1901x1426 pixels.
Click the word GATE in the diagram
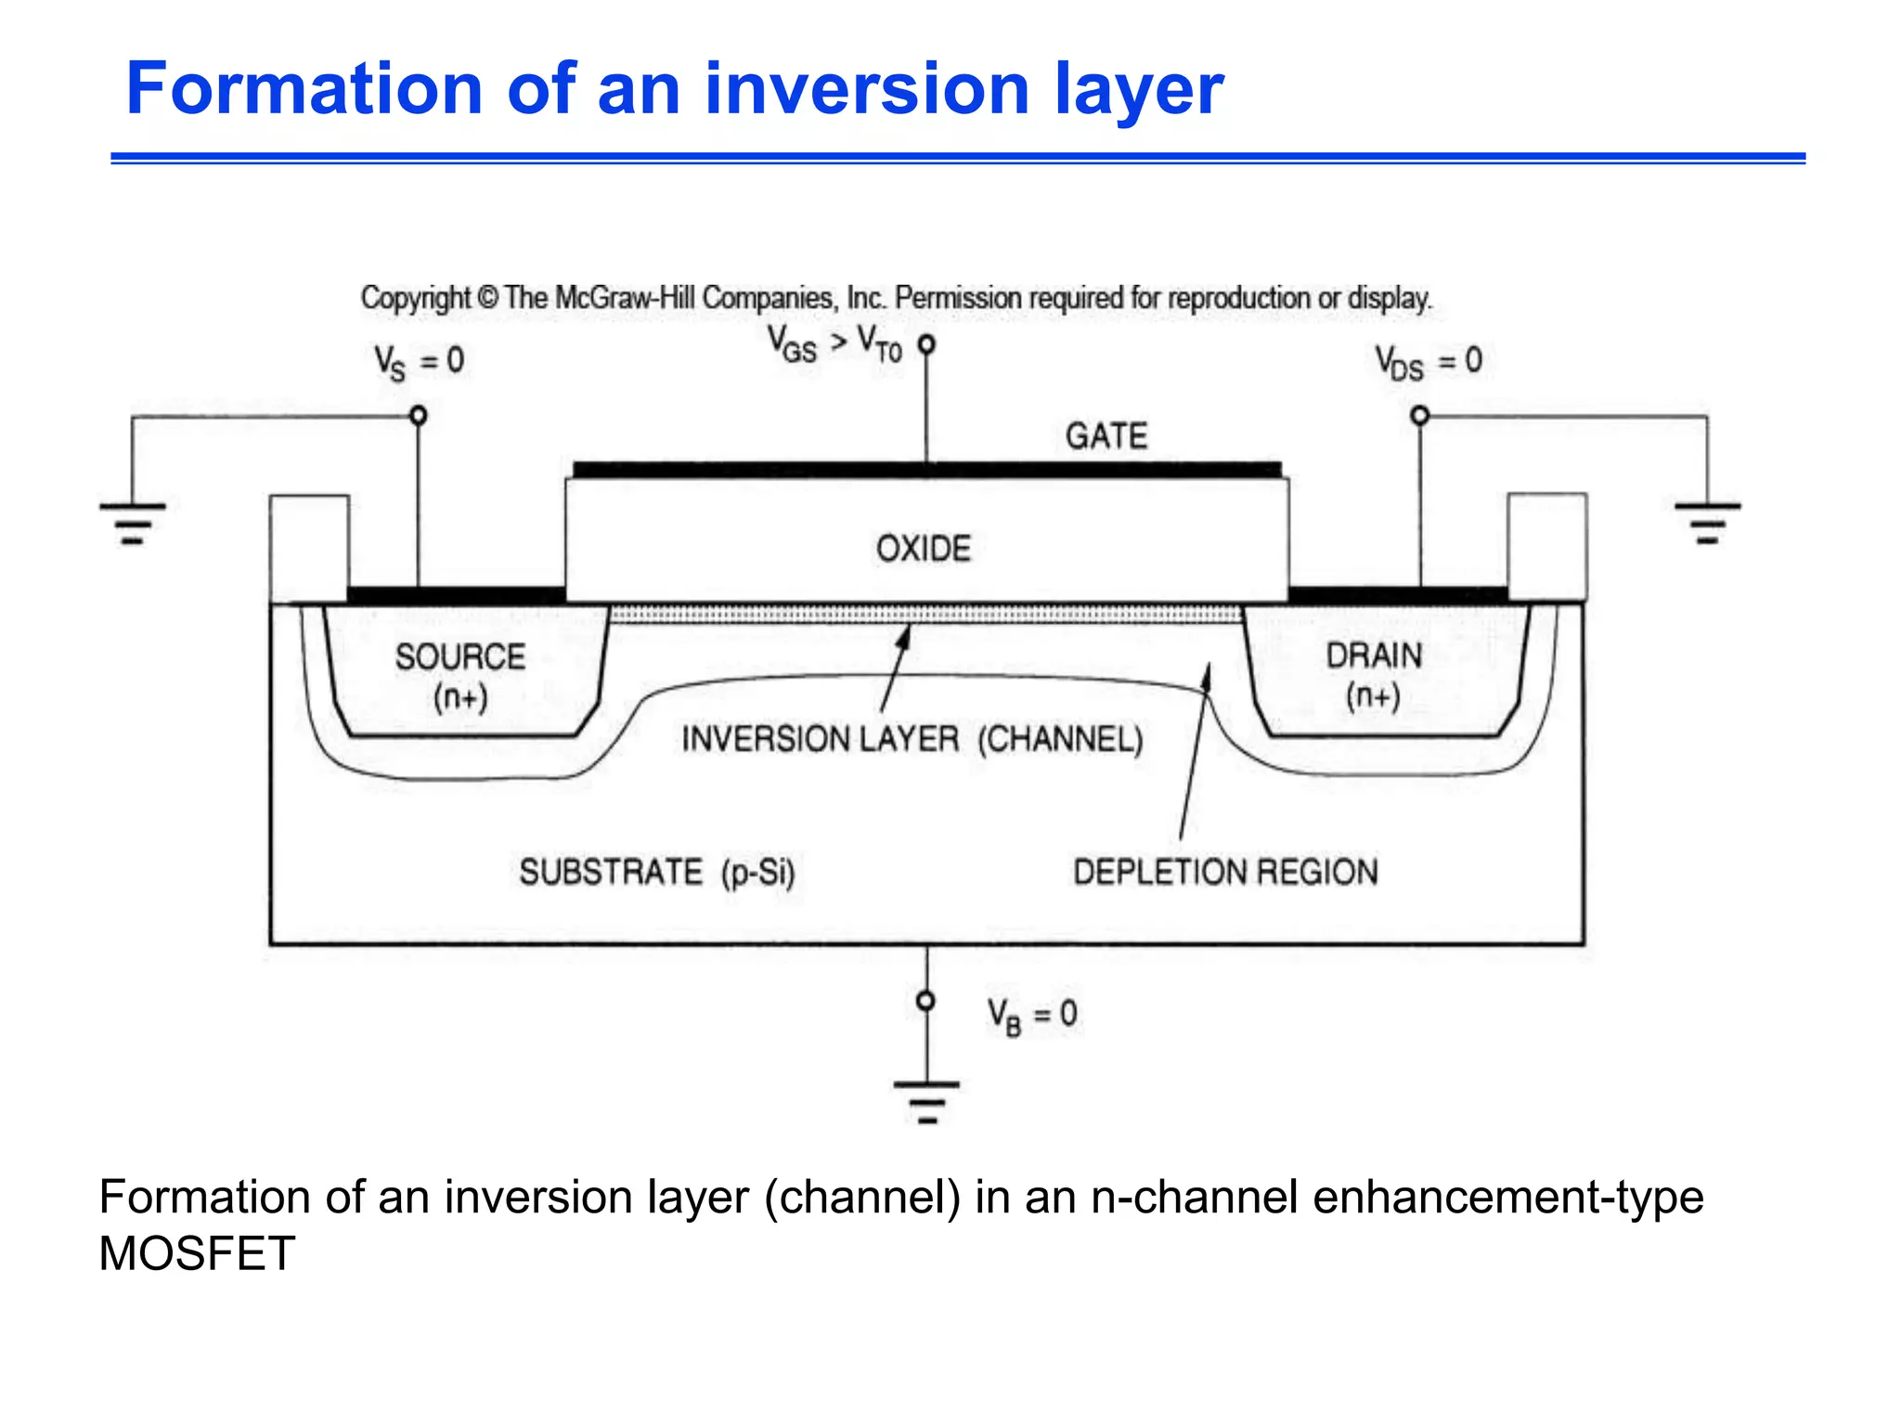coord(1106,435)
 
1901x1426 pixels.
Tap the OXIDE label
coord(923,549)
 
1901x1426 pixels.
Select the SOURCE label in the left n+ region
coord(460,657)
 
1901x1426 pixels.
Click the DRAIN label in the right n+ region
coord(1374,655)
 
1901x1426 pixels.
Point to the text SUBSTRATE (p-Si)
coord(657,872)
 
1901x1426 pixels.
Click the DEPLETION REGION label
coord(1225,872)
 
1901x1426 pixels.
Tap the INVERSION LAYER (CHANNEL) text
coord(912,739)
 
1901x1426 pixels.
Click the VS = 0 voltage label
coord(419,361)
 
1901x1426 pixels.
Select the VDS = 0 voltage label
coord(1428,361)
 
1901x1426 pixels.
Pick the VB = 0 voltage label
coord(1031,1014)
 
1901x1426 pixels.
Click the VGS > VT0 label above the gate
coord(834,344)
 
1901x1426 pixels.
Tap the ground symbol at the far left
coord(133,523)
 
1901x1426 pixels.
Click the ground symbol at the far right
coord(1707,523)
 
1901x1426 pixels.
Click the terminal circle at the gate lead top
coord(926,344)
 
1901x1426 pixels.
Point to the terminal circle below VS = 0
coord(419,415)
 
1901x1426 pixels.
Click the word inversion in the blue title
coord(867,89)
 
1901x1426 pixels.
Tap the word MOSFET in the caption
coord(197,1253)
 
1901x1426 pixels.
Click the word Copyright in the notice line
coord(416,298)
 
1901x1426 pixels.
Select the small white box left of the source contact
coord(309,549)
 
